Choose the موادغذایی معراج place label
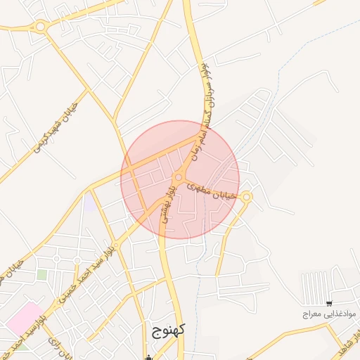(330, 313)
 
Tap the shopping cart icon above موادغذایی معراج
(330, 304)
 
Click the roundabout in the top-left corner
(41, 27)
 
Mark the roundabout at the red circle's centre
(179, 177)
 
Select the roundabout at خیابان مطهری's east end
(245, 198)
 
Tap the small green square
(42, 274)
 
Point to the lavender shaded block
(90, 204)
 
